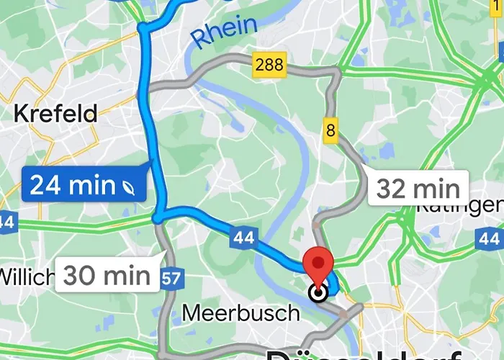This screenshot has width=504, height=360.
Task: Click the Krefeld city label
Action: [x=55, y=113]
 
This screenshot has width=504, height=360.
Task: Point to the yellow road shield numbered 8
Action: [x=330, y=130]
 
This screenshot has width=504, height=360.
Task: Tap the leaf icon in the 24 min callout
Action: [x=129, y=186]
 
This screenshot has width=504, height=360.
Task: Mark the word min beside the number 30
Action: [x=125, y=274]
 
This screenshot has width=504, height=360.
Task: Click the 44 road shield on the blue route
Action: [x=244, y=236]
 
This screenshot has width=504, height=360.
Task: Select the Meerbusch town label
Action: [x=240, y=313]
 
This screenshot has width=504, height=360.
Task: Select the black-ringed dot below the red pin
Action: [x=318, y=292]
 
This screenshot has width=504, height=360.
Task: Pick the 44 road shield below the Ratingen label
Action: [x=491, y=238]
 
